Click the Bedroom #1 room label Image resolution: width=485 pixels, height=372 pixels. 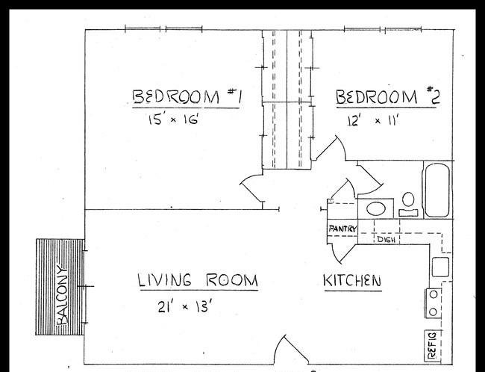click(x=187, y=96)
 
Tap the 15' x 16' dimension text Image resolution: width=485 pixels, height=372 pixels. click(x=173, y=120)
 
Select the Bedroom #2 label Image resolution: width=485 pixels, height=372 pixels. click(x=388, y=96)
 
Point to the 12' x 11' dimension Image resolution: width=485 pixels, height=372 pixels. click(x=372, y=120)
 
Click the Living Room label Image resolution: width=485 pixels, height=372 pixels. click(x=197, y=280)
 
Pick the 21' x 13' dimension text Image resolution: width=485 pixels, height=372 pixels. click(x=184, y=307)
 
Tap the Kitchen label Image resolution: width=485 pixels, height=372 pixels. click(x=352, y=281)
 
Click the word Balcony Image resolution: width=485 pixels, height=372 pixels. click(x=62, y=295)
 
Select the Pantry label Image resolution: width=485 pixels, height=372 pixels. click(x=342, y=229)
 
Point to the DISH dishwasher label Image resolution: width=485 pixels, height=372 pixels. click(x=387, y=240)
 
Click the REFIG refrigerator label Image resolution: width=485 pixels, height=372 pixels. click(x=431, y=345)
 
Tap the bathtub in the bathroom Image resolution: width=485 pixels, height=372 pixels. click(x=437, y=190)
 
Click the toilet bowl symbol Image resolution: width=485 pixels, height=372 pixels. click(x=408, y=199)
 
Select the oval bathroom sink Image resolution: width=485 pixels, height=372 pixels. click(x=376, y=208)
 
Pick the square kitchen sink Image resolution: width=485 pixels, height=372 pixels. click(x=440, y=267)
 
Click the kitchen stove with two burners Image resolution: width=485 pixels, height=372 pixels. click(x=433, y=303)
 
